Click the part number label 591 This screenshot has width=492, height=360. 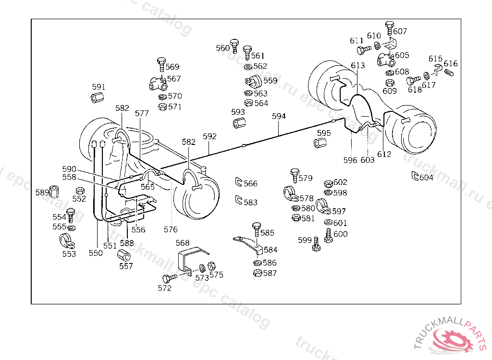click(x=98, y=87)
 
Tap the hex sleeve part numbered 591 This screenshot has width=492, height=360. click(x=98, y=98)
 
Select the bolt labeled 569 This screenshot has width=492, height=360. click(x=161, y=64)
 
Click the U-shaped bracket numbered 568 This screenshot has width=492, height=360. click(x=190, y=259)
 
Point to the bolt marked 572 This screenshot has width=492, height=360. click(x=169, y=278)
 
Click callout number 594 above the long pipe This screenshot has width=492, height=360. click(x=279, y=116)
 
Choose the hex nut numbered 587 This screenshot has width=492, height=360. click(x=258, y=273)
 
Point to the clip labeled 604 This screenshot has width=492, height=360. click(x=415, y=176)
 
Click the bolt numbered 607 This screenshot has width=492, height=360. click(x=390, y=27)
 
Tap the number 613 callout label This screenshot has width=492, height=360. click(x=358, y=65)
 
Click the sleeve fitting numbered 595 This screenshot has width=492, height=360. click(x=320, y=143)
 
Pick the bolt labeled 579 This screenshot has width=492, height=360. click(x=295, y=175)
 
